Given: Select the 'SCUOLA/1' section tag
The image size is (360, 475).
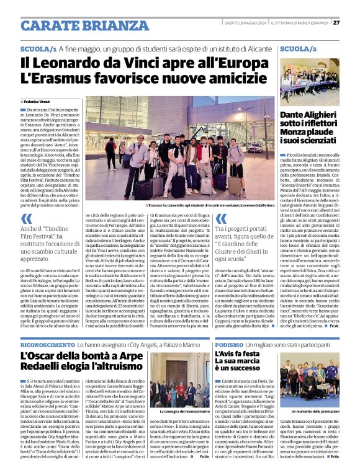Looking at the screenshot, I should (x=38, y=48).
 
